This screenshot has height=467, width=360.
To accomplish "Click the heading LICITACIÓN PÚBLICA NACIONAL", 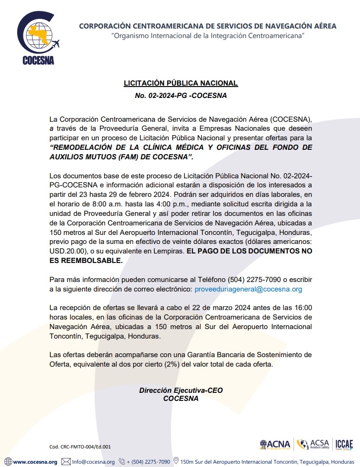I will click(x=181, y=83).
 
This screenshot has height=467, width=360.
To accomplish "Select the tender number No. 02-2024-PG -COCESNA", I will click(x=181, y=96).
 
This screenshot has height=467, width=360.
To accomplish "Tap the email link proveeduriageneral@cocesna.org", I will click(x=248, y=289).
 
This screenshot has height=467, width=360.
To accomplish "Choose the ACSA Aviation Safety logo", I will click(x=313, y=445).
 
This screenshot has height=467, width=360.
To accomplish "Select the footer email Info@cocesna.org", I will click(x=93, y=462).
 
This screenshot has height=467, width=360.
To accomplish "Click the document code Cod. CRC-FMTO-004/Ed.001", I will click(x=80, y=447).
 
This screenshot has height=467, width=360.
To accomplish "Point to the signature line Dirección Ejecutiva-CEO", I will click(x=181, y=390).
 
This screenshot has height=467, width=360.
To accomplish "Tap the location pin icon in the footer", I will click(x=176, y=461).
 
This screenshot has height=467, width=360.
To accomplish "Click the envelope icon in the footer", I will click(x=66, y=462).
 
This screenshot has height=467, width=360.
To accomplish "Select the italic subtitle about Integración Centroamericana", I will click(x=208, y=36).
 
